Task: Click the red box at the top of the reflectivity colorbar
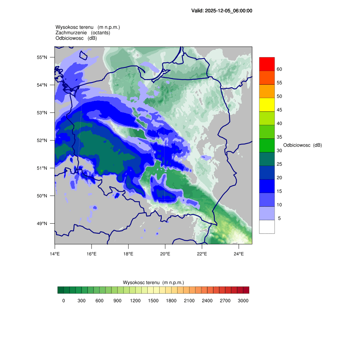pos(267,64)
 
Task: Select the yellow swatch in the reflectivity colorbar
pos(267,105)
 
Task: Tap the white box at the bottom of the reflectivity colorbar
pos(267,227)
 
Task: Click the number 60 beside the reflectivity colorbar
pos(279,69)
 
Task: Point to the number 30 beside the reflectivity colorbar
pos(279,150)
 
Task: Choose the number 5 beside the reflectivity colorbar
pos(279,218)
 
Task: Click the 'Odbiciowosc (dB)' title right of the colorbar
pos(302,145)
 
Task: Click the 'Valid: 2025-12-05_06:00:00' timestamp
pos(222,11)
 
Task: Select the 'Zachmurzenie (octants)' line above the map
pos(83,33)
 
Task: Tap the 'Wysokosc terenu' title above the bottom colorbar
pos(153,282)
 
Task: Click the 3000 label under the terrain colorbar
pos(243,301)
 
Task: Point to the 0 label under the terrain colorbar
pos(64,301)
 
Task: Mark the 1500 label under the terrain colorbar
pos(153,301)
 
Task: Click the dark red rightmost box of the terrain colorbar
pos(246,290)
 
